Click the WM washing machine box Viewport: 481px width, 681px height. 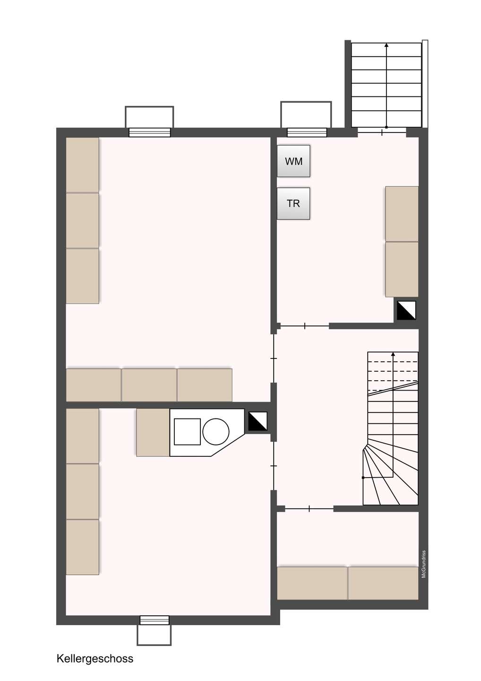click(293, 161)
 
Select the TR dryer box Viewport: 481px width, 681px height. click(293, 203)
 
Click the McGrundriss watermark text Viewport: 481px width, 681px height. click(424, 564)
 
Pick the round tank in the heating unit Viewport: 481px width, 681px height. click(215, 432)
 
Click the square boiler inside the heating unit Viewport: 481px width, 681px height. click(188, 432)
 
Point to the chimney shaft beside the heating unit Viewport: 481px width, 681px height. click(258, 421)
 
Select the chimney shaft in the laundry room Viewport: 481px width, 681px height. click(406, 310)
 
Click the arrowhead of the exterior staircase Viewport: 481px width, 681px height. click(386, 45)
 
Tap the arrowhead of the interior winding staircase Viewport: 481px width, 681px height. click(393, 354)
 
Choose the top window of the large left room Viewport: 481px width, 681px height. click(149, 132)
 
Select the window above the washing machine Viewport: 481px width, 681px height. click(307, 132)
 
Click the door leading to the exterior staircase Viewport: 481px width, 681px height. click(382, 132)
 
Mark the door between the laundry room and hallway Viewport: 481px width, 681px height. click(305, 326)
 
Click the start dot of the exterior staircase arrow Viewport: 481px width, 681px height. click(386, 127)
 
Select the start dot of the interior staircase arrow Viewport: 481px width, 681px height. click(363, 478)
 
